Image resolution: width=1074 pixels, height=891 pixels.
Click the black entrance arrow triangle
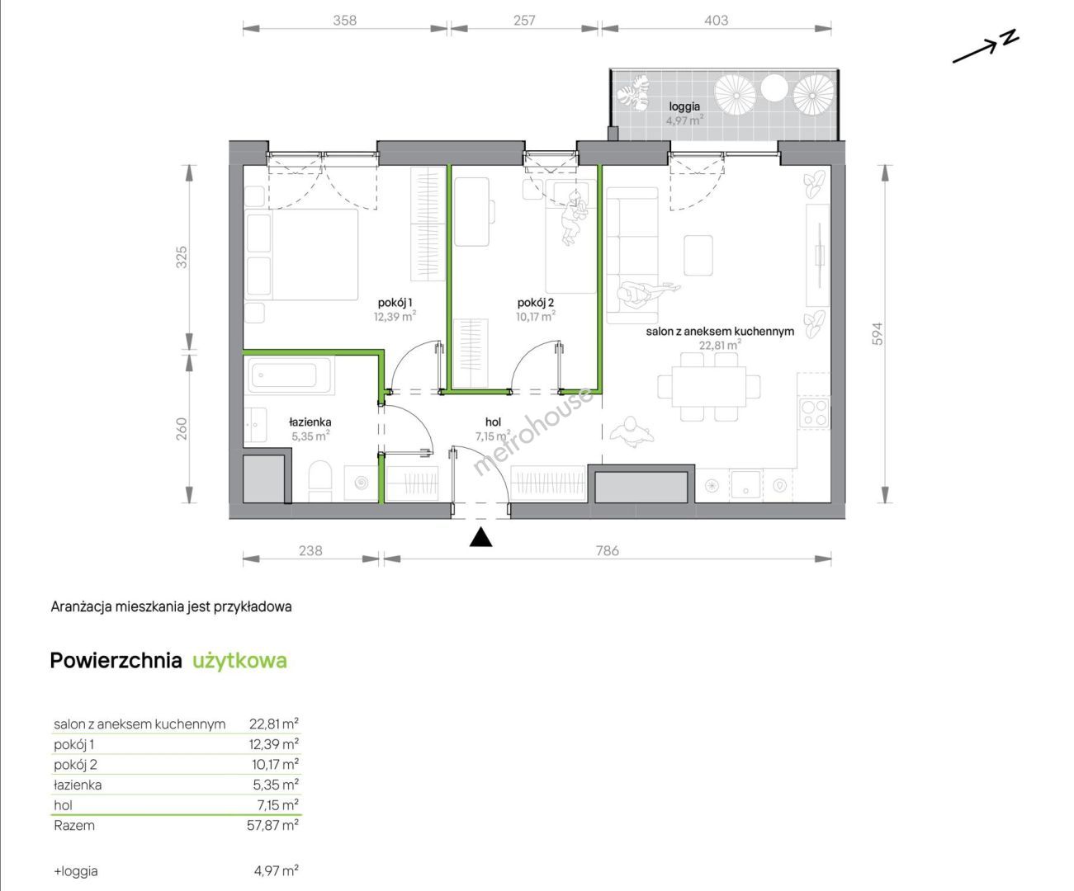coord(481,537)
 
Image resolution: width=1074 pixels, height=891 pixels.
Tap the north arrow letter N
coord(1010,37)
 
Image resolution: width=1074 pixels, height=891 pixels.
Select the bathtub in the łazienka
coord(288,375)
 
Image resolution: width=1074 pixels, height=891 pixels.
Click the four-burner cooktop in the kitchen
coord(814,413)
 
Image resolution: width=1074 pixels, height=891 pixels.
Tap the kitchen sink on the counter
coord(745,483)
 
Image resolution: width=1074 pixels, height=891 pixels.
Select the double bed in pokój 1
coord(301,254)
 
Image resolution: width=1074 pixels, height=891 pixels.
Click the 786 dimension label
coord(607,550)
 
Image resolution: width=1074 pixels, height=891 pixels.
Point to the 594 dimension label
coord(878,333)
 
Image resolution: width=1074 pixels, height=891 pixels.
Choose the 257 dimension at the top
coord(524,21)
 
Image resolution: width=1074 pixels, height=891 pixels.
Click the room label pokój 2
coord(536,303)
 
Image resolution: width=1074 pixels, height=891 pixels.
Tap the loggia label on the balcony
coord(684,106)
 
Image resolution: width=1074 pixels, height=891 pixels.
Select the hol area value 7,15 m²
coord(493,436)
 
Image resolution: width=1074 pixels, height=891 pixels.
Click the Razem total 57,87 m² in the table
coord(272,825)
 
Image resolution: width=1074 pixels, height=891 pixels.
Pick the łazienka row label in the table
coord(78,785)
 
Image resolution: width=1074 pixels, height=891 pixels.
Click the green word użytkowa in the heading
coord(239,661)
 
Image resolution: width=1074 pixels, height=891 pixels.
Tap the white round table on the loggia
coord(774,88)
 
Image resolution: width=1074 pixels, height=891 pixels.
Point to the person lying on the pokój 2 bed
coord(574,217)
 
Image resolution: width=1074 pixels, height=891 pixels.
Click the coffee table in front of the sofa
coord(698,256)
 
